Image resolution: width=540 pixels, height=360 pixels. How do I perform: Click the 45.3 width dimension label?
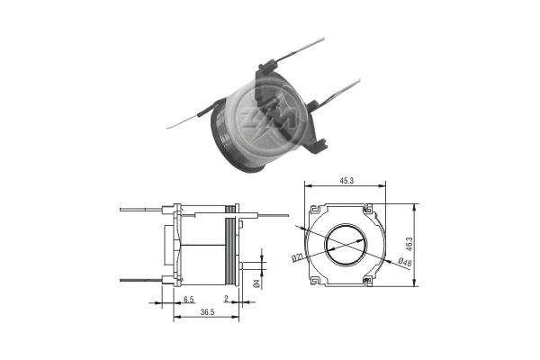pos(345,181)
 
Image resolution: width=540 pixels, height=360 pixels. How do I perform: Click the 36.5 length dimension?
pos(205,312)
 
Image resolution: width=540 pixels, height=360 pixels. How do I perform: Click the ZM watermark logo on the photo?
pos(269,104)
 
